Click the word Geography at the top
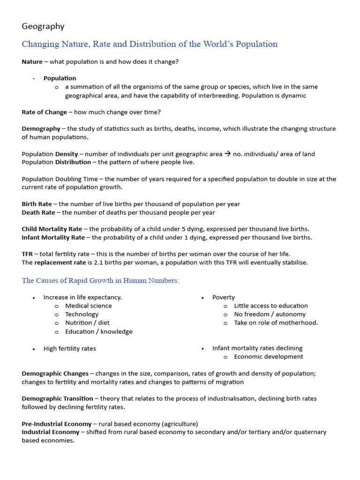(x=43, y=26)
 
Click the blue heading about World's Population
(x=150, y=44)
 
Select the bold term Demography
(x=41, y=128)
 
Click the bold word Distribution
(x=73, y=162)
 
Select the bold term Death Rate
(x=38, y=212)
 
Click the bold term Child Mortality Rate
(x=52, y=229)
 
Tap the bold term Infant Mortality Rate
(x=53, y=238)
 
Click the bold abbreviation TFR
(x=27, y=254)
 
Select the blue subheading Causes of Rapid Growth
(x=100, y=280)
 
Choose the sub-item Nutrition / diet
(x=87, y=322)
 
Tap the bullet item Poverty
(x=223, y=297)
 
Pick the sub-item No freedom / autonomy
(x=270, y=314)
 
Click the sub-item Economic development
(x=268, y=357)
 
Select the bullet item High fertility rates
(x=69, y=348)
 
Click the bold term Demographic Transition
(x=57, y=398)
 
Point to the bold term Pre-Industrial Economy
(x=56, y=424)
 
